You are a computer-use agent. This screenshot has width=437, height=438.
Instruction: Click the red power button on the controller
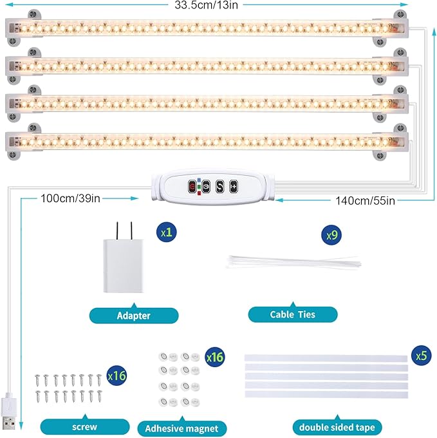pos(192,186)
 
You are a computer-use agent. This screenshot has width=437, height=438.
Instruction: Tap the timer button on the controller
pos(206,186)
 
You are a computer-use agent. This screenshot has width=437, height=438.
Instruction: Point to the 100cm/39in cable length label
pos(71,198)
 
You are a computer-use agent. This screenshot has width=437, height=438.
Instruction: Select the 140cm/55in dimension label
pos(366,200)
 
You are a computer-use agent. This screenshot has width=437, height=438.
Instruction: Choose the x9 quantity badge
pos(331,235)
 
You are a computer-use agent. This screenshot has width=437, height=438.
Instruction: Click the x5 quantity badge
pos(420,355)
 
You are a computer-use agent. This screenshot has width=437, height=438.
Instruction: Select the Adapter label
pos(134,316)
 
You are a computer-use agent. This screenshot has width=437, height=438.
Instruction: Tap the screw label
pos(84,426)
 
